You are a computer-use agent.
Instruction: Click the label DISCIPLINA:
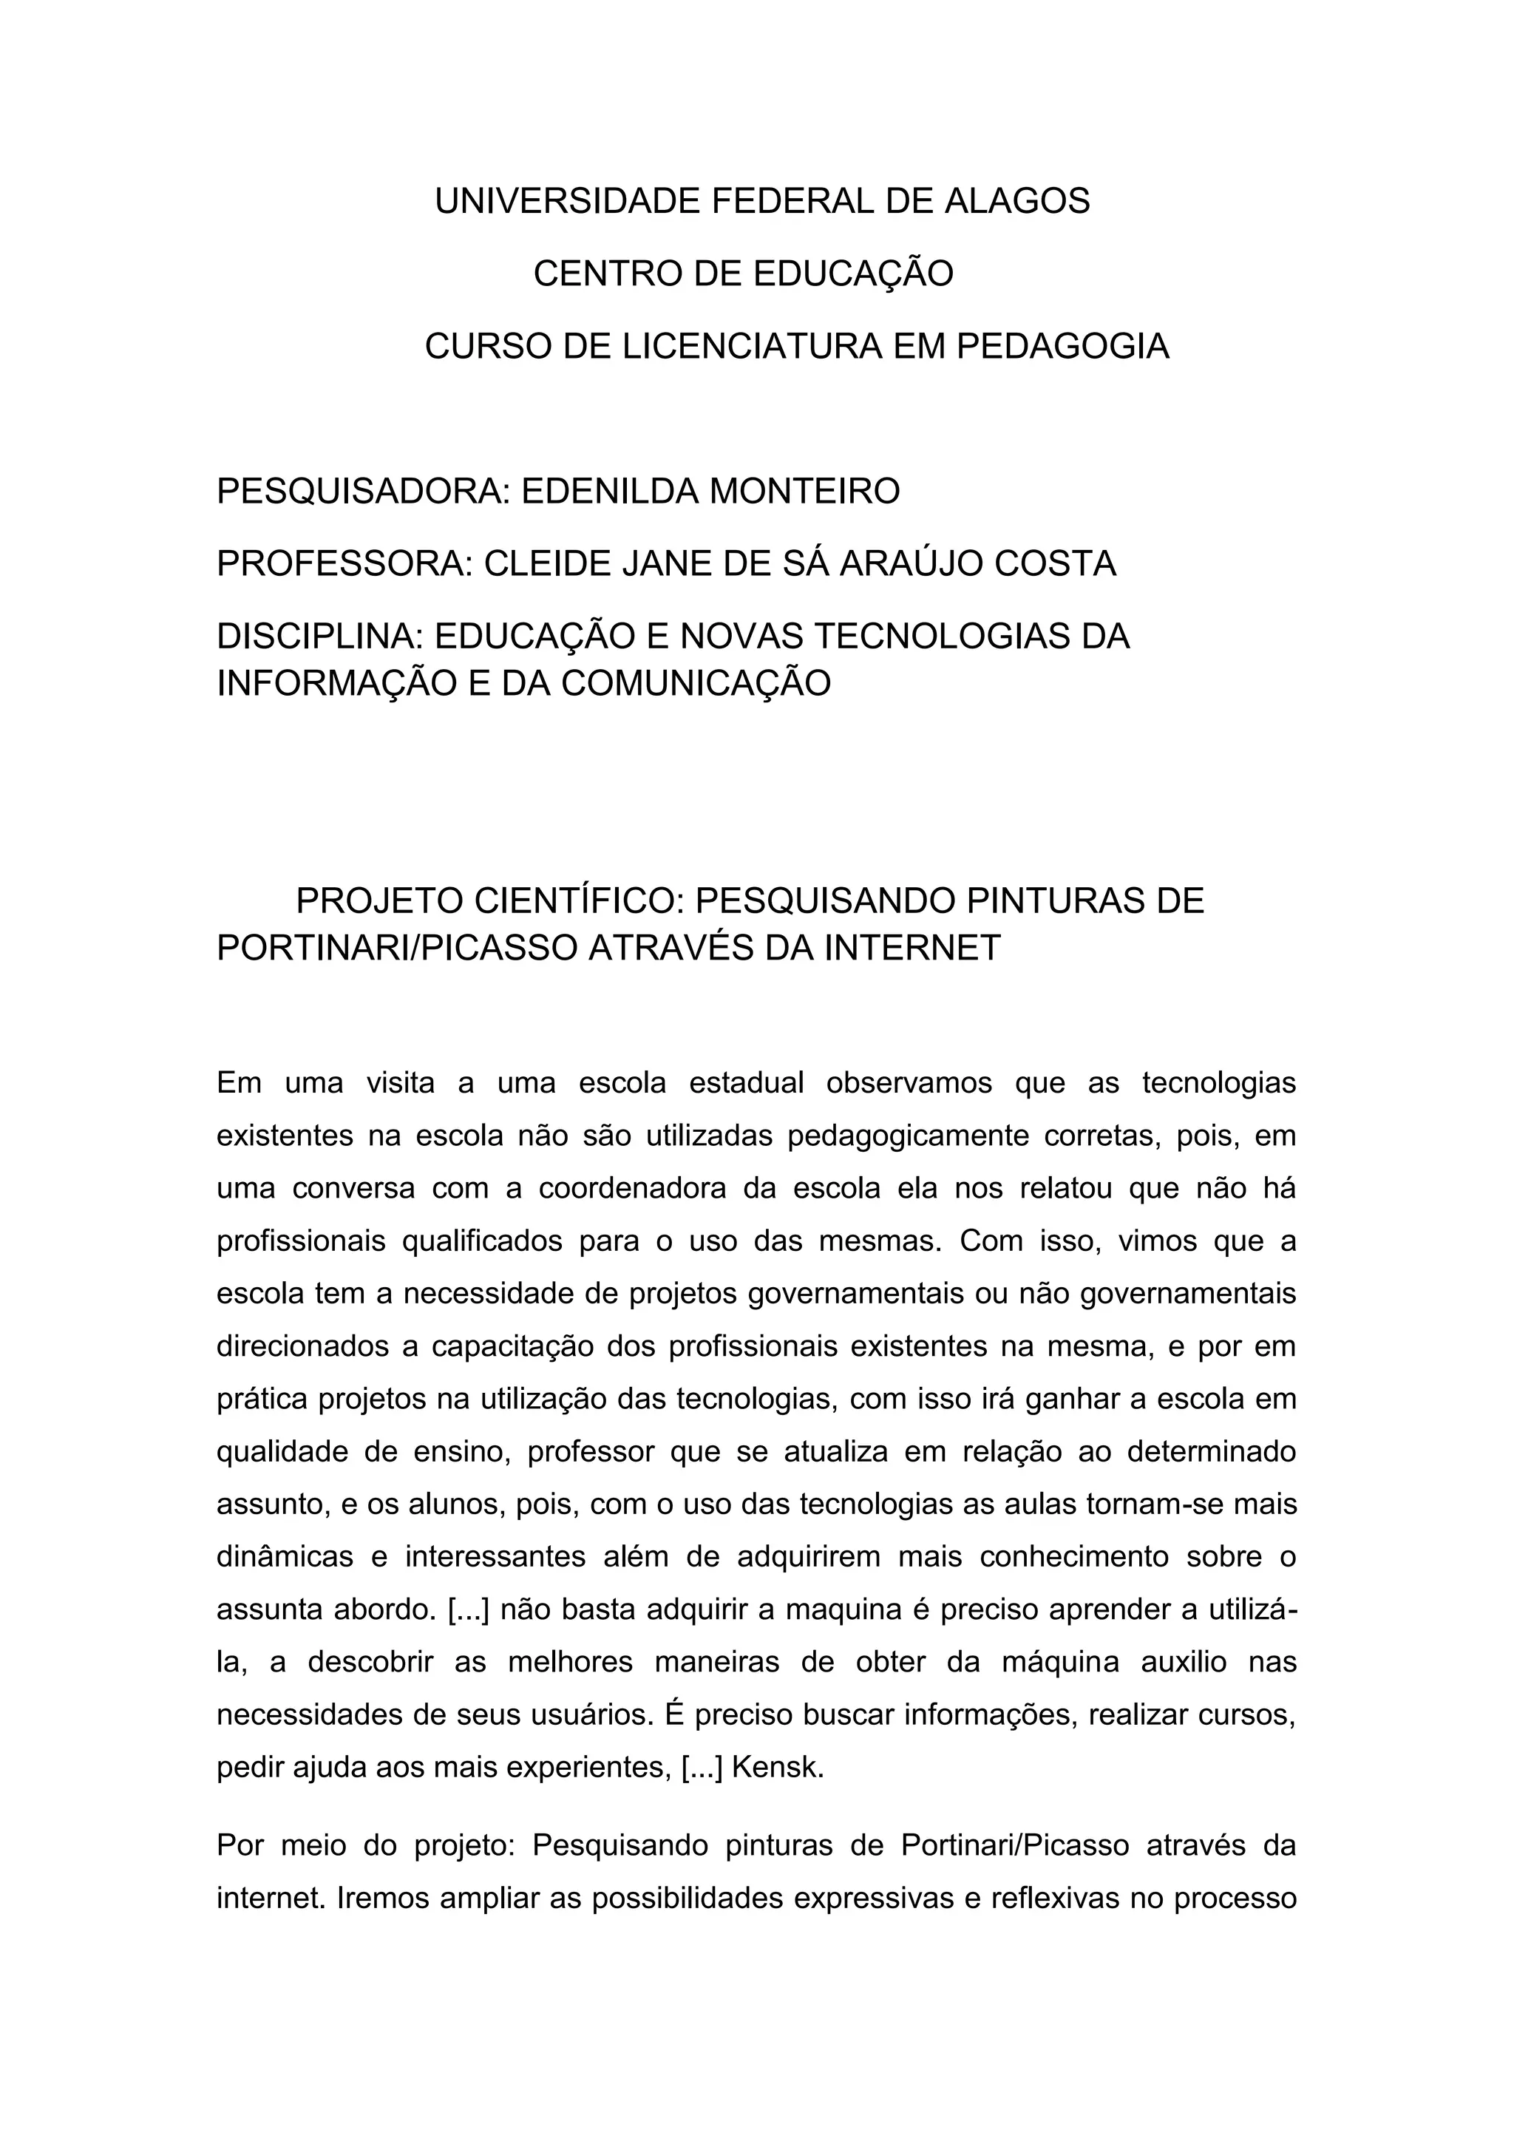click(x=321, y=637)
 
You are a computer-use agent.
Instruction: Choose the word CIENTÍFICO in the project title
click(x=579, y=900)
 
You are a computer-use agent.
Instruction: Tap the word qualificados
click(x=482, y=1242)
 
